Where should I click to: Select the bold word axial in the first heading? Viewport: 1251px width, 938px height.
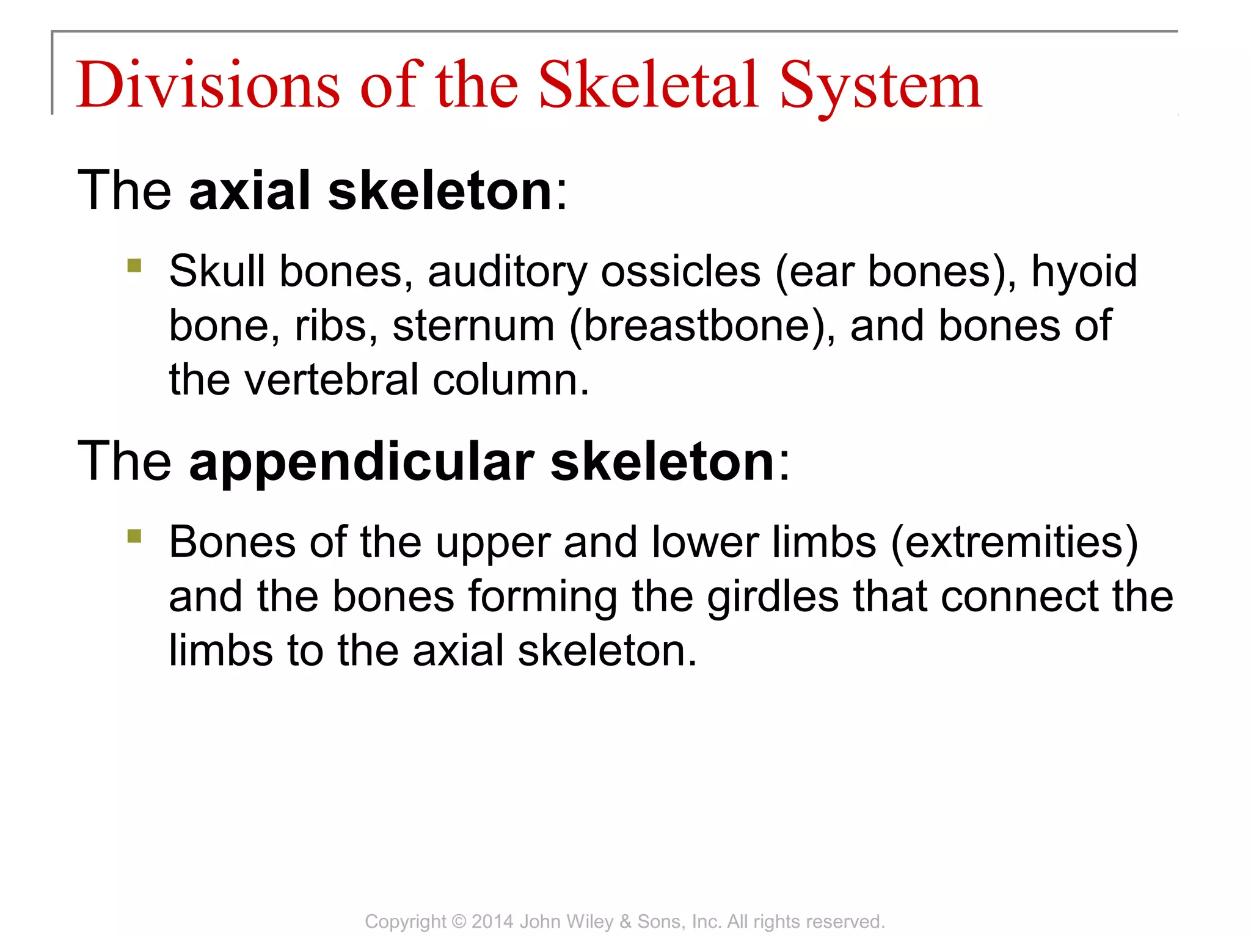tap(250, 191)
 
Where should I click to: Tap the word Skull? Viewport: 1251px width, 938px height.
tap(217, 271)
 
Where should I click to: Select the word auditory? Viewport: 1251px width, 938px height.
tap(506, 271)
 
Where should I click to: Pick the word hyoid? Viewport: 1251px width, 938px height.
tap(1084, 271)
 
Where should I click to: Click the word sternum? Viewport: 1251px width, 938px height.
tap(473, 325)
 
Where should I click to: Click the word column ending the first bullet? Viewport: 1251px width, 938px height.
tap(510, 380)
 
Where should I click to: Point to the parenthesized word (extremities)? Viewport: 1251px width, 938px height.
tap(1015, 542)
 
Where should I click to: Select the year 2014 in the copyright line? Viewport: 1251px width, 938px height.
tap(492, 922)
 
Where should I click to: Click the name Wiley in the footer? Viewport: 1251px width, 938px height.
tap(591, 922)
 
